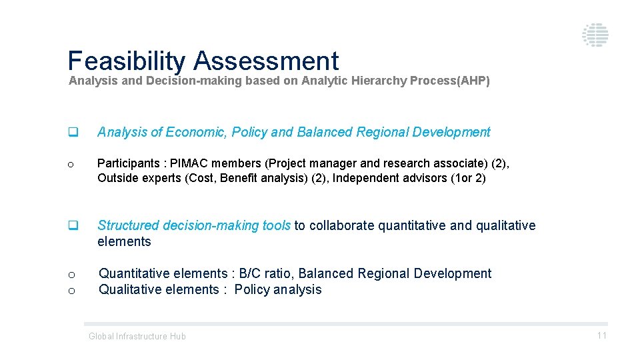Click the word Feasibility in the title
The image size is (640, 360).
point(126,61)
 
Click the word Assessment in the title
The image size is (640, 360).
point(266,61)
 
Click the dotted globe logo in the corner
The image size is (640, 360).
point(595,35)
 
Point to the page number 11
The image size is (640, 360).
point(601,336)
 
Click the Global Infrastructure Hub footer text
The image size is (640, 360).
point(137,337)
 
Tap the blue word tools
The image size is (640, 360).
point(276,225)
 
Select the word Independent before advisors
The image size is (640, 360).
point(369,178)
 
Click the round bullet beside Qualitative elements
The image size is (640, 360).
point(71,291)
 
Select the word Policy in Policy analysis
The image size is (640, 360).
point(251,289)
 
